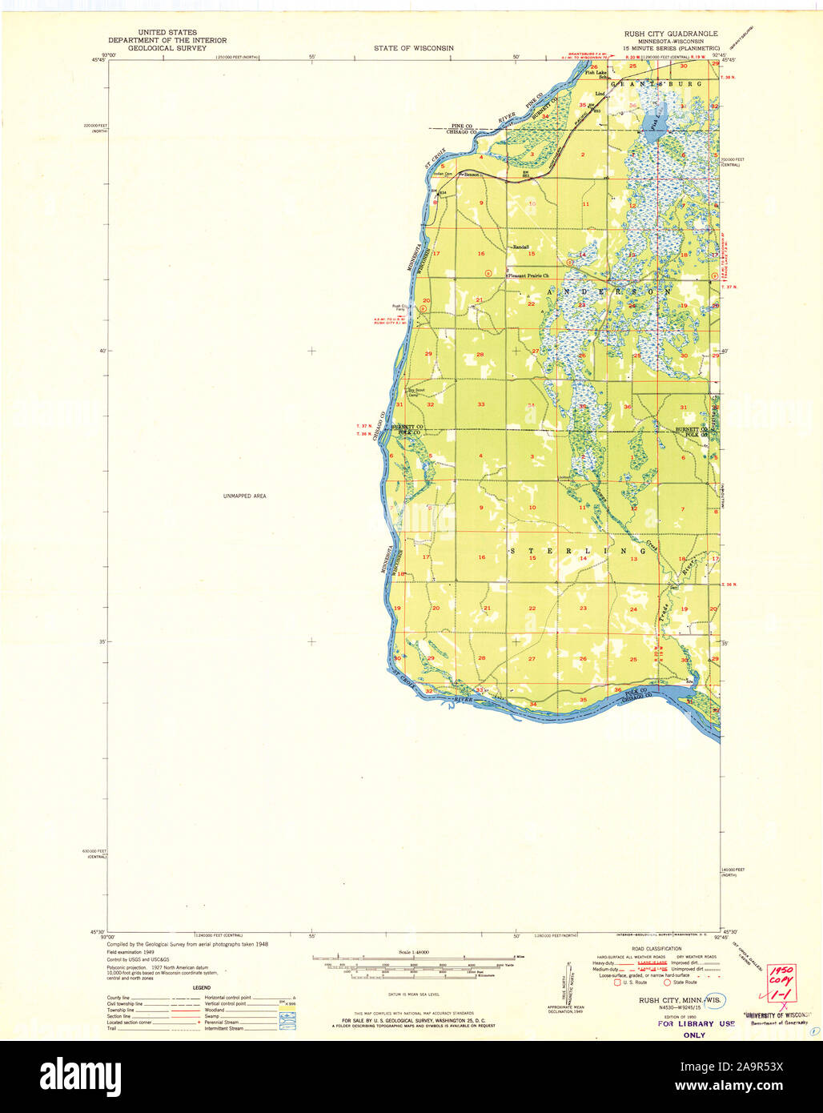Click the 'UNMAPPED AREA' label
click(244, 496)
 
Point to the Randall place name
click(521, 247)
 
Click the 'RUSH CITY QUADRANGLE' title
click(671, 34)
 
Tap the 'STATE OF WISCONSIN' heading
click(413, 48)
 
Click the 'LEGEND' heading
click(201, 987)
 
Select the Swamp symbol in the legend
click(287, 1016)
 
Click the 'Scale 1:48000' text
click(413, 952)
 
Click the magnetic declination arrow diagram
click(568, 981)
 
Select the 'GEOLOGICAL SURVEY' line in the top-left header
click(167, 48)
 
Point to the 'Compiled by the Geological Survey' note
click(188, 944)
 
